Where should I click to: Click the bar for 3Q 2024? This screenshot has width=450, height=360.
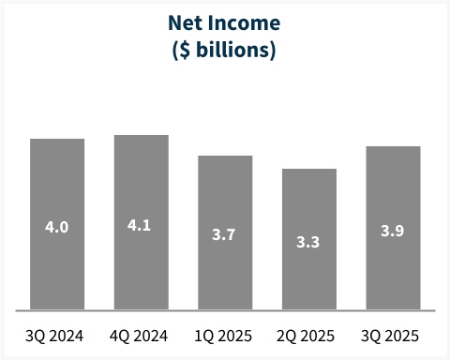57,187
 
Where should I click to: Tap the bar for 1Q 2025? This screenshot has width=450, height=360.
225,197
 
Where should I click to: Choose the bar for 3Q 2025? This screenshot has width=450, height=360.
393,192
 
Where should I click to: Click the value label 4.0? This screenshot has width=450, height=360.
57,227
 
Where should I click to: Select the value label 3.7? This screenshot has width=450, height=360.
225,235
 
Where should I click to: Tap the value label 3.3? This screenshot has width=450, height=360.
309,242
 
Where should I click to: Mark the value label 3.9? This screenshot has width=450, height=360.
393,231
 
